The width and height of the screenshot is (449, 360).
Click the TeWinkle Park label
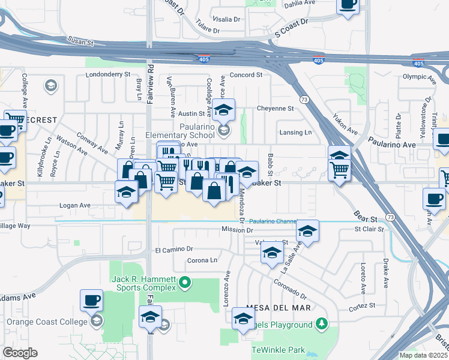[278, 350]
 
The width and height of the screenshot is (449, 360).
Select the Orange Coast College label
[47, 322]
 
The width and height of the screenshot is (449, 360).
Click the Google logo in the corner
[20, 353]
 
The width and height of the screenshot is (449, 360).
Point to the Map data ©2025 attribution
[423, 355]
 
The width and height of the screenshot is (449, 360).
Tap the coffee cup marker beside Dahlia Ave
[348, 5]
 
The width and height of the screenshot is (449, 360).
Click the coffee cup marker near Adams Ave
[91, 299]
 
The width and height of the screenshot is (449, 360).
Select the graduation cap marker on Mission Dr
[307, 231]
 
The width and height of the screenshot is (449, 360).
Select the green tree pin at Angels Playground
[322, 325]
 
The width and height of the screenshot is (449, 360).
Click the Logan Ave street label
[75, 205]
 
